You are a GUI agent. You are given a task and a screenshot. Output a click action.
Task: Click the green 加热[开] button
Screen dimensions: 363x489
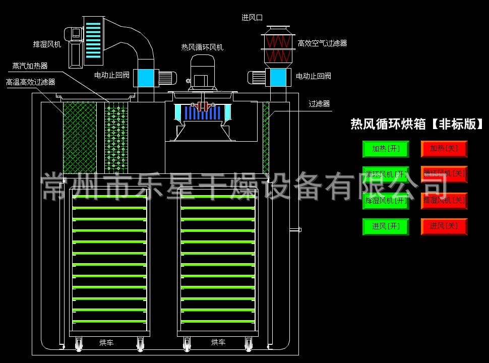point(386,149)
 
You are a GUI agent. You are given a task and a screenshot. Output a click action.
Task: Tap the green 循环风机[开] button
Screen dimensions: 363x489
point(386,174)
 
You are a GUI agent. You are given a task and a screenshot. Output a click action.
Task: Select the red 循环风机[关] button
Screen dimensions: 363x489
point(444,174)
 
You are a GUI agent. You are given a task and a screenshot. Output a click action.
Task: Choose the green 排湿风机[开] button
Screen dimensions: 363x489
point(386,201)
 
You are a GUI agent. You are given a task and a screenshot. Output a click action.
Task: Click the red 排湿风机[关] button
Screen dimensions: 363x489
point(444,201)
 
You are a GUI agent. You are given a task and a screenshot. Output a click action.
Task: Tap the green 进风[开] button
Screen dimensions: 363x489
point(386,226)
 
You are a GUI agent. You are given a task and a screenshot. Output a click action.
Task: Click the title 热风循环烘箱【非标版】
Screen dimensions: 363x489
point(417,124)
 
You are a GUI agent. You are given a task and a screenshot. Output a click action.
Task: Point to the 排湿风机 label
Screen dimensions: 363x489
point(47,44)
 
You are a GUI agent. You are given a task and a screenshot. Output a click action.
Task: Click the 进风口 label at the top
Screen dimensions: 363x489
point(252,18)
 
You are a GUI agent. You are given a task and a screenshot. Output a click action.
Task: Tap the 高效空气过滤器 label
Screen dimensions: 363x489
point(322,44)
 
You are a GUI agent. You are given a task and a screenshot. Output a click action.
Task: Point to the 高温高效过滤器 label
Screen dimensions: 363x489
point(30,82)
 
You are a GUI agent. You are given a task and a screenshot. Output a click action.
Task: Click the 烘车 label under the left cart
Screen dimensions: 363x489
point(106,343)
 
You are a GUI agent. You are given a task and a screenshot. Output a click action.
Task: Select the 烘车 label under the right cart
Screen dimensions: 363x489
point(218,343)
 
